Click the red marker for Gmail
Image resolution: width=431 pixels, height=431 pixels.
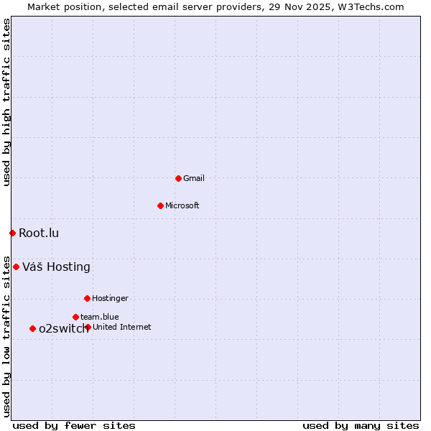click(x=179, y=178)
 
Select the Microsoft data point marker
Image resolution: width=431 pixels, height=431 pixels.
click(x=161, y=205)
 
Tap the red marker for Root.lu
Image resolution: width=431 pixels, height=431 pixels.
click(x=12, y=233)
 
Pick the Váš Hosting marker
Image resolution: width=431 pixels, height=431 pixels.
click(x=16, y=267)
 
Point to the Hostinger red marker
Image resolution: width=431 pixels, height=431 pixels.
click(x=87, y=298)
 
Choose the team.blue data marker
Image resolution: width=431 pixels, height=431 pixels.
click(x=75, y=317)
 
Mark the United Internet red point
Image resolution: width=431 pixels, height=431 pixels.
click(x=88, y=327)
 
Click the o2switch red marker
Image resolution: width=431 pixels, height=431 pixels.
click(x=32, y=328)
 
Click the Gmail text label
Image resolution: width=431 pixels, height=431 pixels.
click(x=194, y=178)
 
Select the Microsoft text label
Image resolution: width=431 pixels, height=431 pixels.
click(x=182, y=205)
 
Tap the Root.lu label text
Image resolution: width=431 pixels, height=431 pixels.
click(x=39, y=233)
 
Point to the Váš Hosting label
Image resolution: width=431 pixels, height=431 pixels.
click(x=56, y=267)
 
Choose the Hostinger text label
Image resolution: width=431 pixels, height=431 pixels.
click(x=110, y=298)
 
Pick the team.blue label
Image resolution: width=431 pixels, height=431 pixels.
click(x=100, y=317)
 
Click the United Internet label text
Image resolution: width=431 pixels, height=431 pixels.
click(x=122, y=327)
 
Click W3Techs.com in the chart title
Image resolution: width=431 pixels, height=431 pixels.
click(x=371, y=6)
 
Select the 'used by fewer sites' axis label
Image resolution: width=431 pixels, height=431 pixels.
click(x=74, y=425)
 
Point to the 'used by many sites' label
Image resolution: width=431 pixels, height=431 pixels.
click(x=361, y=425)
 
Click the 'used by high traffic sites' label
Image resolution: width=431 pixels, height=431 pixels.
click(x=6, y=102)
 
